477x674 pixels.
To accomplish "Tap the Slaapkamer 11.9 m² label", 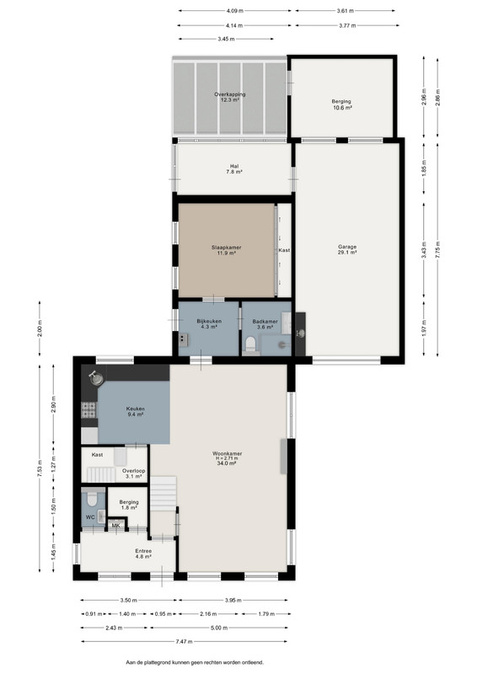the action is pyautogui.click(x=226, y=250).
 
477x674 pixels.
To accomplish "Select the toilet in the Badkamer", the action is pyautogui.click(x=251, y=345).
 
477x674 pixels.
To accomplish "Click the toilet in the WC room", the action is pyautogui.click(x=92, y=500).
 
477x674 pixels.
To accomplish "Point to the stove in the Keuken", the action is pyautogui.click(x=88, y=410).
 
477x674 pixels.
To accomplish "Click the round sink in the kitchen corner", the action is pyautogui.click(x=96, y=377).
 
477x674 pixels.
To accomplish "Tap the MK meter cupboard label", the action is pyautogui.click(x=116, y=525).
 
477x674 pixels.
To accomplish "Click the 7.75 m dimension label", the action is pyautogui.click(x=438, y=250).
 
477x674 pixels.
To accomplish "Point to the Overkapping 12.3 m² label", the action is pyautogui.click(x=230, y=97).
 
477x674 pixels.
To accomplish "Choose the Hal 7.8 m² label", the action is pyautogui.click(x=234, y=169).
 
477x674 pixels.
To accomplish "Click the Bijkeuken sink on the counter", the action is pyautogui.click(x=184, y=340).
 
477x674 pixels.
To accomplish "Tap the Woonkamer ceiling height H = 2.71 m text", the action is pyautogui.click(x=227, y=458).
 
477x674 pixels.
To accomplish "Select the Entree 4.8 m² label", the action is pyautogui.click(x=143, y=554).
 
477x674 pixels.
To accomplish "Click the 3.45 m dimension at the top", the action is pyautogui.click(x=226, y=39).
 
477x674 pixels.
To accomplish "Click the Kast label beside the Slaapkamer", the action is pyautogui.click(x=284, y=250).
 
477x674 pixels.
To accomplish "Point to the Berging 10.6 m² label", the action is pyautogui.click(x=342, y=104).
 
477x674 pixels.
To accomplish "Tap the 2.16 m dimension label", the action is pyautogui.click(x=208, y=614).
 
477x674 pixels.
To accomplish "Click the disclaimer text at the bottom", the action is pyautogui.click(x=195, y=662).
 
